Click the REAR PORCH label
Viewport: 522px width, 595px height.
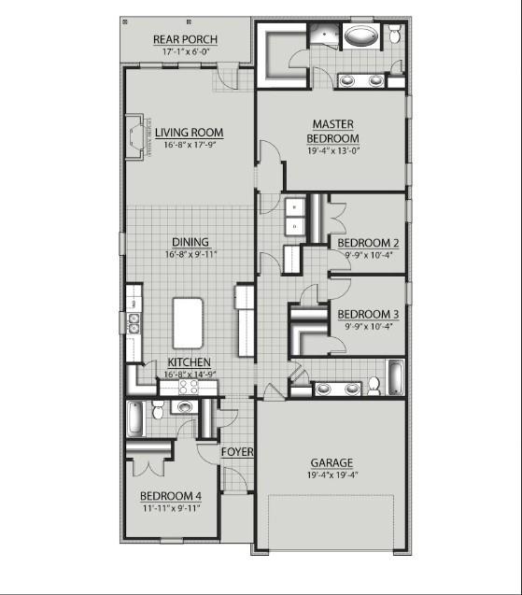click(x=185, y=39)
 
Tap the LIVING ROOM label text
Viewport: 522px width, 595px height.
click(x=190, y=133)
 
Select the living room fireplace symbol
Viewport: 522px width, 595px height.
click(x=139, y=137)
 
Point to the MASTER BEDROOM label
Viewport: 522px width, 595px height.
click(x=332, y=131)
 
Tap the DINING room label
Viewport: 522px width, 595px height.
click(x=190, y=242)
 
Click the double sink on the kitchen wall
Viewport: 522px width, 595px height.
click(x=134, y=323)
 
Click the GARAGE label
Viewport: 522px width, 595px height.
click(x=332, y=462)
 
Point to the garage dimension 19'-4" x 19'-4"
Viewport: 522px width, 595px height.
click(x=332, y=475)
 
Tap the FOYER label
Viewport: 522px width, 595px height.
click(x=236, y=452)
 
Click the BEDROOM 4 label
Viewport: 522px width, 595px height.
click(x=170, y=495)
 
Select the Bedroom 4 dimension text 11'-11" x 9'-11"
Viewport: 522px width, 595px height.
click(x=170, y=508)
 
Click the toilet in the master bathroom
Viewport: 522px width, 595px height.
click(x=394, y=35)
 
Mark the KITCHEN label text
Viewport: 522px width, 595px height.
click(x=189, y=362)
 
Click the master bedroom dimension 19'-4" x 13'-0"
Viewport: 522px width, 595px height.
click(x=332, y=151)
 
